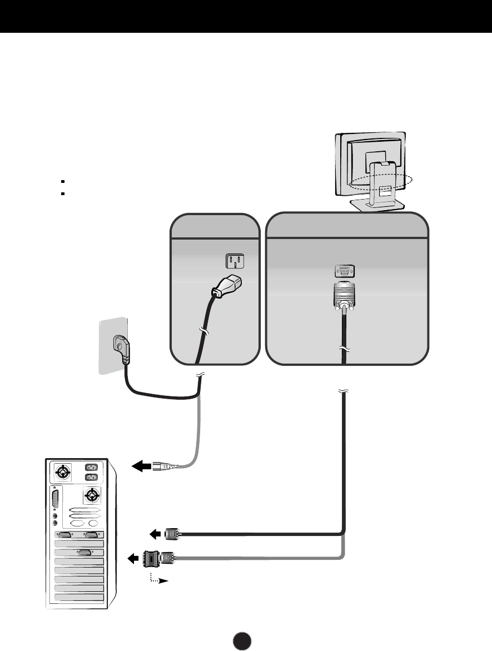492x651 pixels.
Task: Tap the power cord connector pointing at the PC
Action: [167, 466]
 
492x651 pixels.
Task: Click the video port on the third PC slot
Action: [84, 553]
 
